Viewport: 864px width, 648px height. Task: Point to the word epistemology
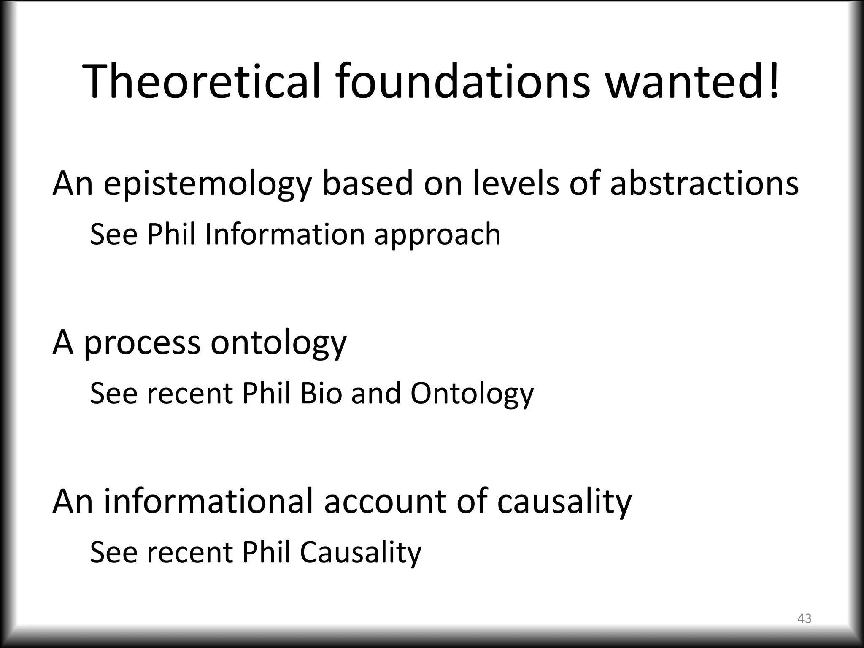(x=207, y=184)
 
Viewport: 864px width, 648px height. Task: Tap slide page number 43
(x=804, y=618)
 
